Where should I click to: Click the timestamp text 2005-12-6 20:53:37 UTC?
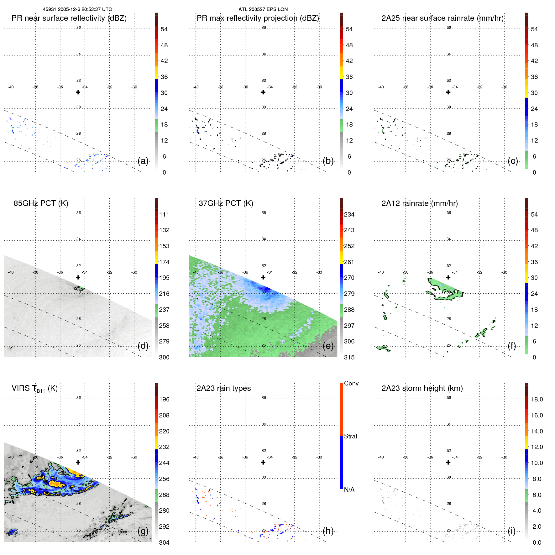point(85,9)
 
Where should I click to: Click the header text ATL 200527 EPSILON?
point(263,9)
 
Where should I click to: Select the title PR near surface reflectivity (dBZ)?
point(69,18)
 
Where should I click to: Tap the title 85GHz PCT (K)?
point(41,203)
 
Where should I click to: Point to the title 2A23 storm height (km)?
point(422,388)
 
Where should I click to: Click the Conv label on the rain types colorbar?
point(351,383)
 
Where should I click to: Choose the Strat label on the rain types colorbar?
point(350,436)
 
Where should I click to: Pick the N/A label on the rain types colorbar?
point(349,490)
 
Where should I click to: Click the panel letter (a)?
point(143,161)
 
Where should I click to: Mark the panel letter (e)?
point(328,346)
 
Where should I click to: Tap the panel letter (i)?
point(511,531)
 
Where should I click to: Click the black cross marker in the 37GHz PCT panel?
point(263,277)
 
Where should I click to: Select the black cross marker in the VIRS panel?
point(78,462)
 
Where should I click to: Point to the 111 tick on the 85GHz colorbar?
point(164,214)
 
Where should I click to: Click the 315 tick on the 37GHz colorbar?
point(349,357)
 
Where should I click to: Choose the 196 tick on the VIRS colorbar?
point(164,399)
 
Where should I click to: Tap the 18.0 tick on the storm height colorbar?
point(537,399)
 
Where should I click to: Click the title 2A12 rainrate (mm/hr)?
point(419,203)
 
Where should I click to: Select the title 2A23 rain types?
point(223,388)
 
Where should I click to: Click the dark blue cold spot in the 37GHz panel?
point(265,289)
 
